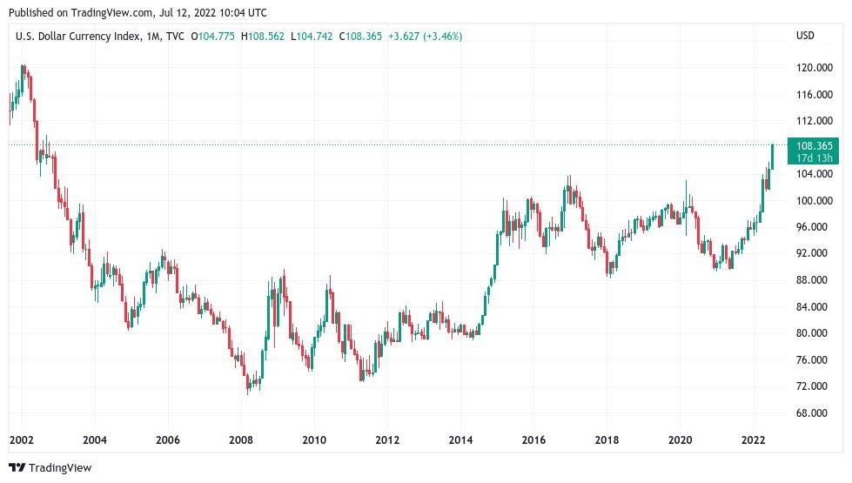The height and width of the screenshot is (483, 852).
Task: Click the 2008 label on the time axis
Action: [x=241, y=440]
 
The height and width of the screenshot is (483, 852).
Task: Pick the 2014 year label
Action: [x=461, y=440]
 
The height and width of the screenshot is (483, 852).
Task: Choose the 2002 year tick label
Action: [x=21, y=440]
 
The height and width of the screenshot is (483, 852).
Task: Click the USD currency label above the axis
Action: [x=805, y=36]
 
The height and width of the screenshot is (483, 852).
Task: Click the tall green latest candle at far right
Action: [x=772, y=157]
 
